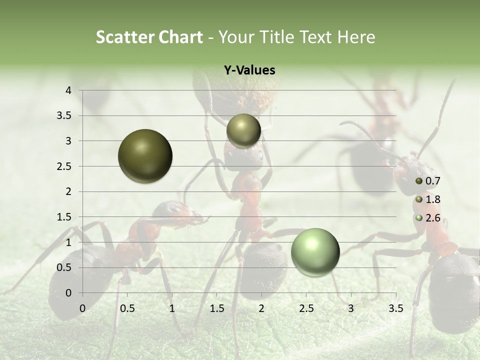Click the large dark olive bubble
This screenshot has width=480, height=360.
(x=145, y=156)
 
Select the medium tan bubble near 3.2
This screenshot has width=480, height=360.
(x=243, y=130)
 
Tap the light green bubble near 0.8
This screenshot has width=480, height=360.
(x=315, y=252)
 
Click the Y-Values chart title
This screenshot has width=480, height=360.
(x=249, y=70)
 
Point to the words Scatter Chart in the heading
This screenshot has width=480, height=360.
(x=149, y=37)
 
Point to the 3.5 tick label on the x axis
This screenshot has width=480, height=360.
(x=395, y=308)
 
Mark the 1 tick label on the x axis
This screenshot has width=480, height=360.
(x=172, y=308)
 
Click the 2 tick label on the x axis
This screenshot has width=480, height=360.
(x=261, y=308)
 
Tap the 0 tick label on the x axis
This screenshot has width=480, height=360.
(x=82, y=308)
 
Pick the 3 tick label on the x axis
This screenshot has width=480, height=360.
(x=351, y=308)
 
